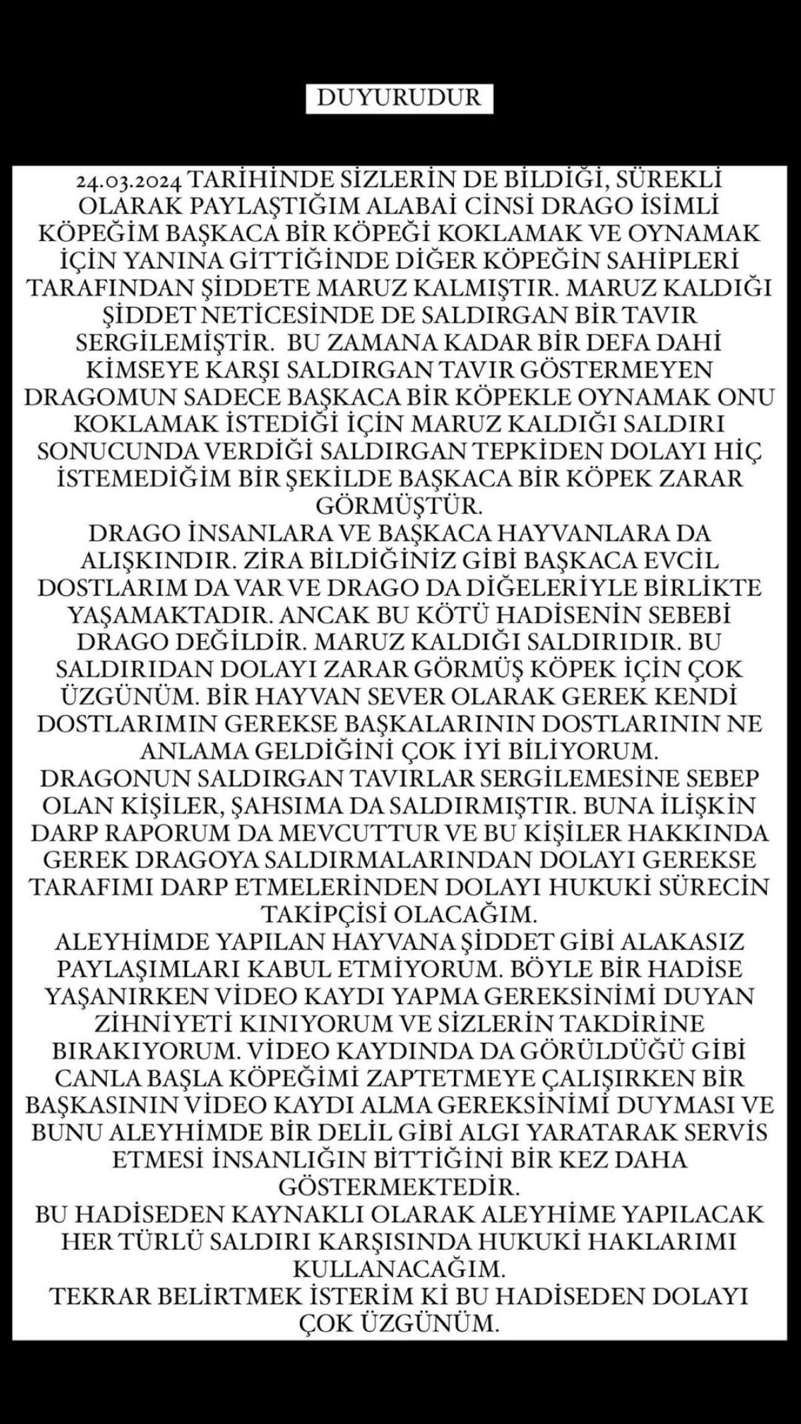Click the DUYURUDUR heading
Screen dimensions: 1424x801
[x=399, y=97]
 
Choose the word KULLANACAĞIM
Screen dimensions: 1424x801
[x=399, y=1267]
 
